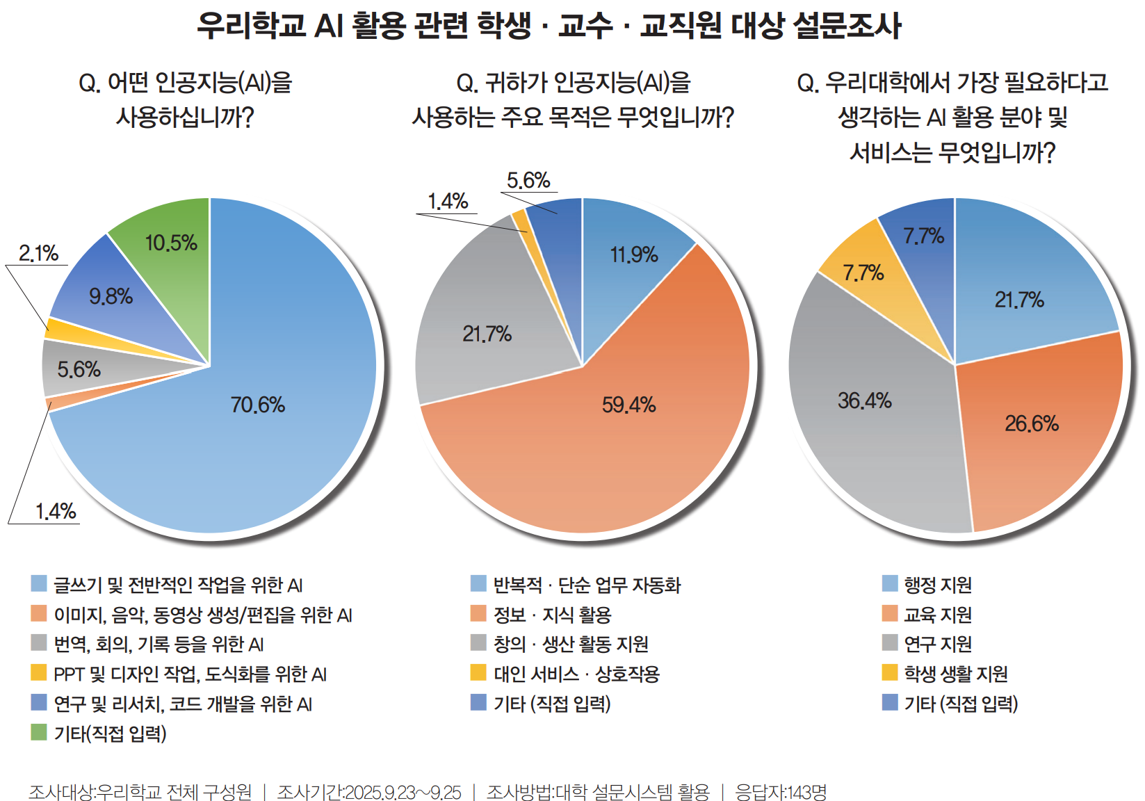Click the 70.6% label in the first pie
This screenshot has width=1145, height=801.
tap(258, 405)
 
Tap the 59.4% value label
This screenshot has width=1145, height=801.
tap(628, 405)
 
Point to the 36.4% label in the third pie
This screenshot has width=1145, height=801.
tap(864, 400)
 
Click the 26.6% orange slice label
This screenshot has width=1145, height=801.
tap(1032, 423)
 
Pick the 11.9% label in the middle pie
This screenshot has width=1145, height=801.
tap(634, 255)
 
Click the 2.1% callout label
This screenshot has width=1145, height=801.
tap(39, 253)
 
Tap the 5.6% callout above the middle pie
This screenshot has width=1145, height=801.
tap(528, 181)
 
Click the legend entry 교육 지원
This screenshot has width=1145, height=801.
tap(937, 615)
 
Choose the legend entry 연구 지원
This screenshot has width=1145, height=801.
tap(937, 644)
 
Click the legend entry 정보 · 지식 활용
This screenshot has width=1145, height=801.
tap(552, 615)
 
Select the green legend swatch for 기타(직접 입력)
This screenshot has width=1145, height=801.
tap(39, 732)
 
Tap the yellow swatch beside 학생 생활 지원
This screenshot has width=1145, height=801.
tap(890, 672)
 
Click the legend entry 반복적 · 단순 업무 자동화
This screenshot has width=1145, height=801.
tap(587, 585)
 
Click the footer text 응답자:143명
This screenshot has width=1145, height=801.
tap(781, 792)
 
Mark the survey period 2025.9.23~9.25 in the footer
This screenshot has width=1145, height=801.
tap(403, 792)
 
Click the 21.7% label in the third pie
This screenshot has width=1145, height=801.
tap(1019, 300)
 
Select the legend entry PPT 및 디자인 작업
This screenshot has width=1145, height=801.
tap(190, 674)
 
